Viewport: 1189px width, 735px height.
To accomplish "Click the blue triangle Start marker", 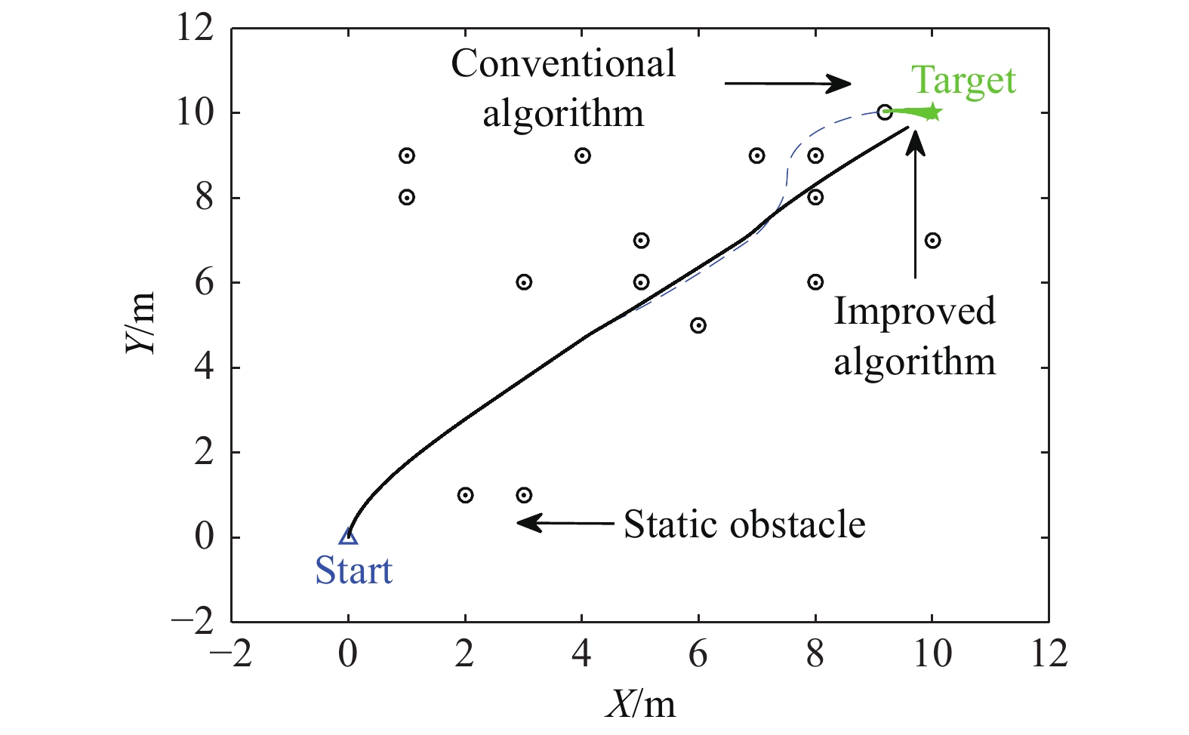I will tap(348, 536).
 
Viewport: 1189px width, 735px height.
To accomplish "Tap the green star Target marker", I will tap(933, 112).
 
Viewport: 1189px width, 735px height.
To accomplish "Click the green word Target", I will tap(963, 81).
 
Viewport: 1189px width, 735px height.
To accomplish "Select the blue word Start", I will tap(353, 570).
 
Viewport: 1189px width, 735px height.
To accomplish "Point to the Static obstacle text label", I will tap(744, 524).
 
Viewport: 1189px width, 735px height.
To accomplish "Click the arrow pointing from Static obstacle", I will tap(565, 522).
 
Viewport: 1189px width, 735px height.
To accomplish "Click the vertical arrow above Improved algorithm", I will tap(915, 205).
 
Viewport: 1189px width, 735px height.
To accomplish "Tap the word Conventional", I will tap(563, 63).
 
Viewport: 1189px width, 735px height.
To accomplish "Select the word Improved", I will tap(914, 311).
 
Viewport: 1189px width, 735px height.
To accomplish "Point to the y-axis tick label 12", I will tap(195, 29).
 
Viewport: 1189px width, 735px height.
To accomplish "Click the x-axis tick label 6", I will tap(698, 654).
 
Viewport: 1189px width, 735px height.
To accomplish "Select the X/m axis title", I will tap(640, 704).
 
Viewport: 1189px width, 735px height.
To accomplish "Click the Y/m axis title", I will tap(141, 323).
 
